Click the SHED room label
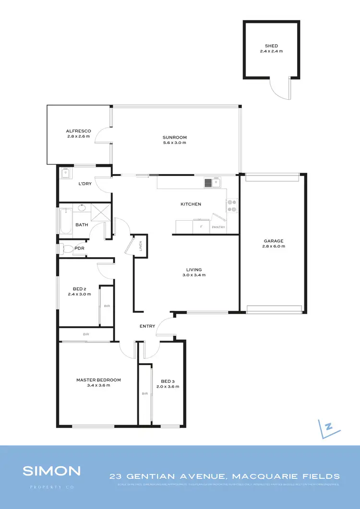pos(271,46)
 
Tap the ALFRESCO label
pos(79,131)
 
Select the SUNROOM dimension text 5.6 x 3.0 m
pos(174,143)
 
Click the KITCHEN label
pos(191,204)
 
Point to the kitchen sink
pos(212,182)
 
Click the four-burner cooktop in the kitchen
pos(232,205)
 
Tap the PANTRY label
pos(218,227)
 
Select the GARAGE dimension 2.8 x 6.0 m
pos(274,247)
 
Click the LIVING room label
pos(194,270)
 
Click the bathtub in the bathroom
pos(65,221)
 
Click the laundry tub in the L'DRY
pos(66,173)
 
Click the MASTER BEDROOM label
pos(98,380)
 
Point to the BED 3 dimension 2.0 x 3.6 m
pos(168,386)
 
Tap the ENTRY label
pos(147,326)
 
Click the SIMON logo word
pos(52,471)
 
